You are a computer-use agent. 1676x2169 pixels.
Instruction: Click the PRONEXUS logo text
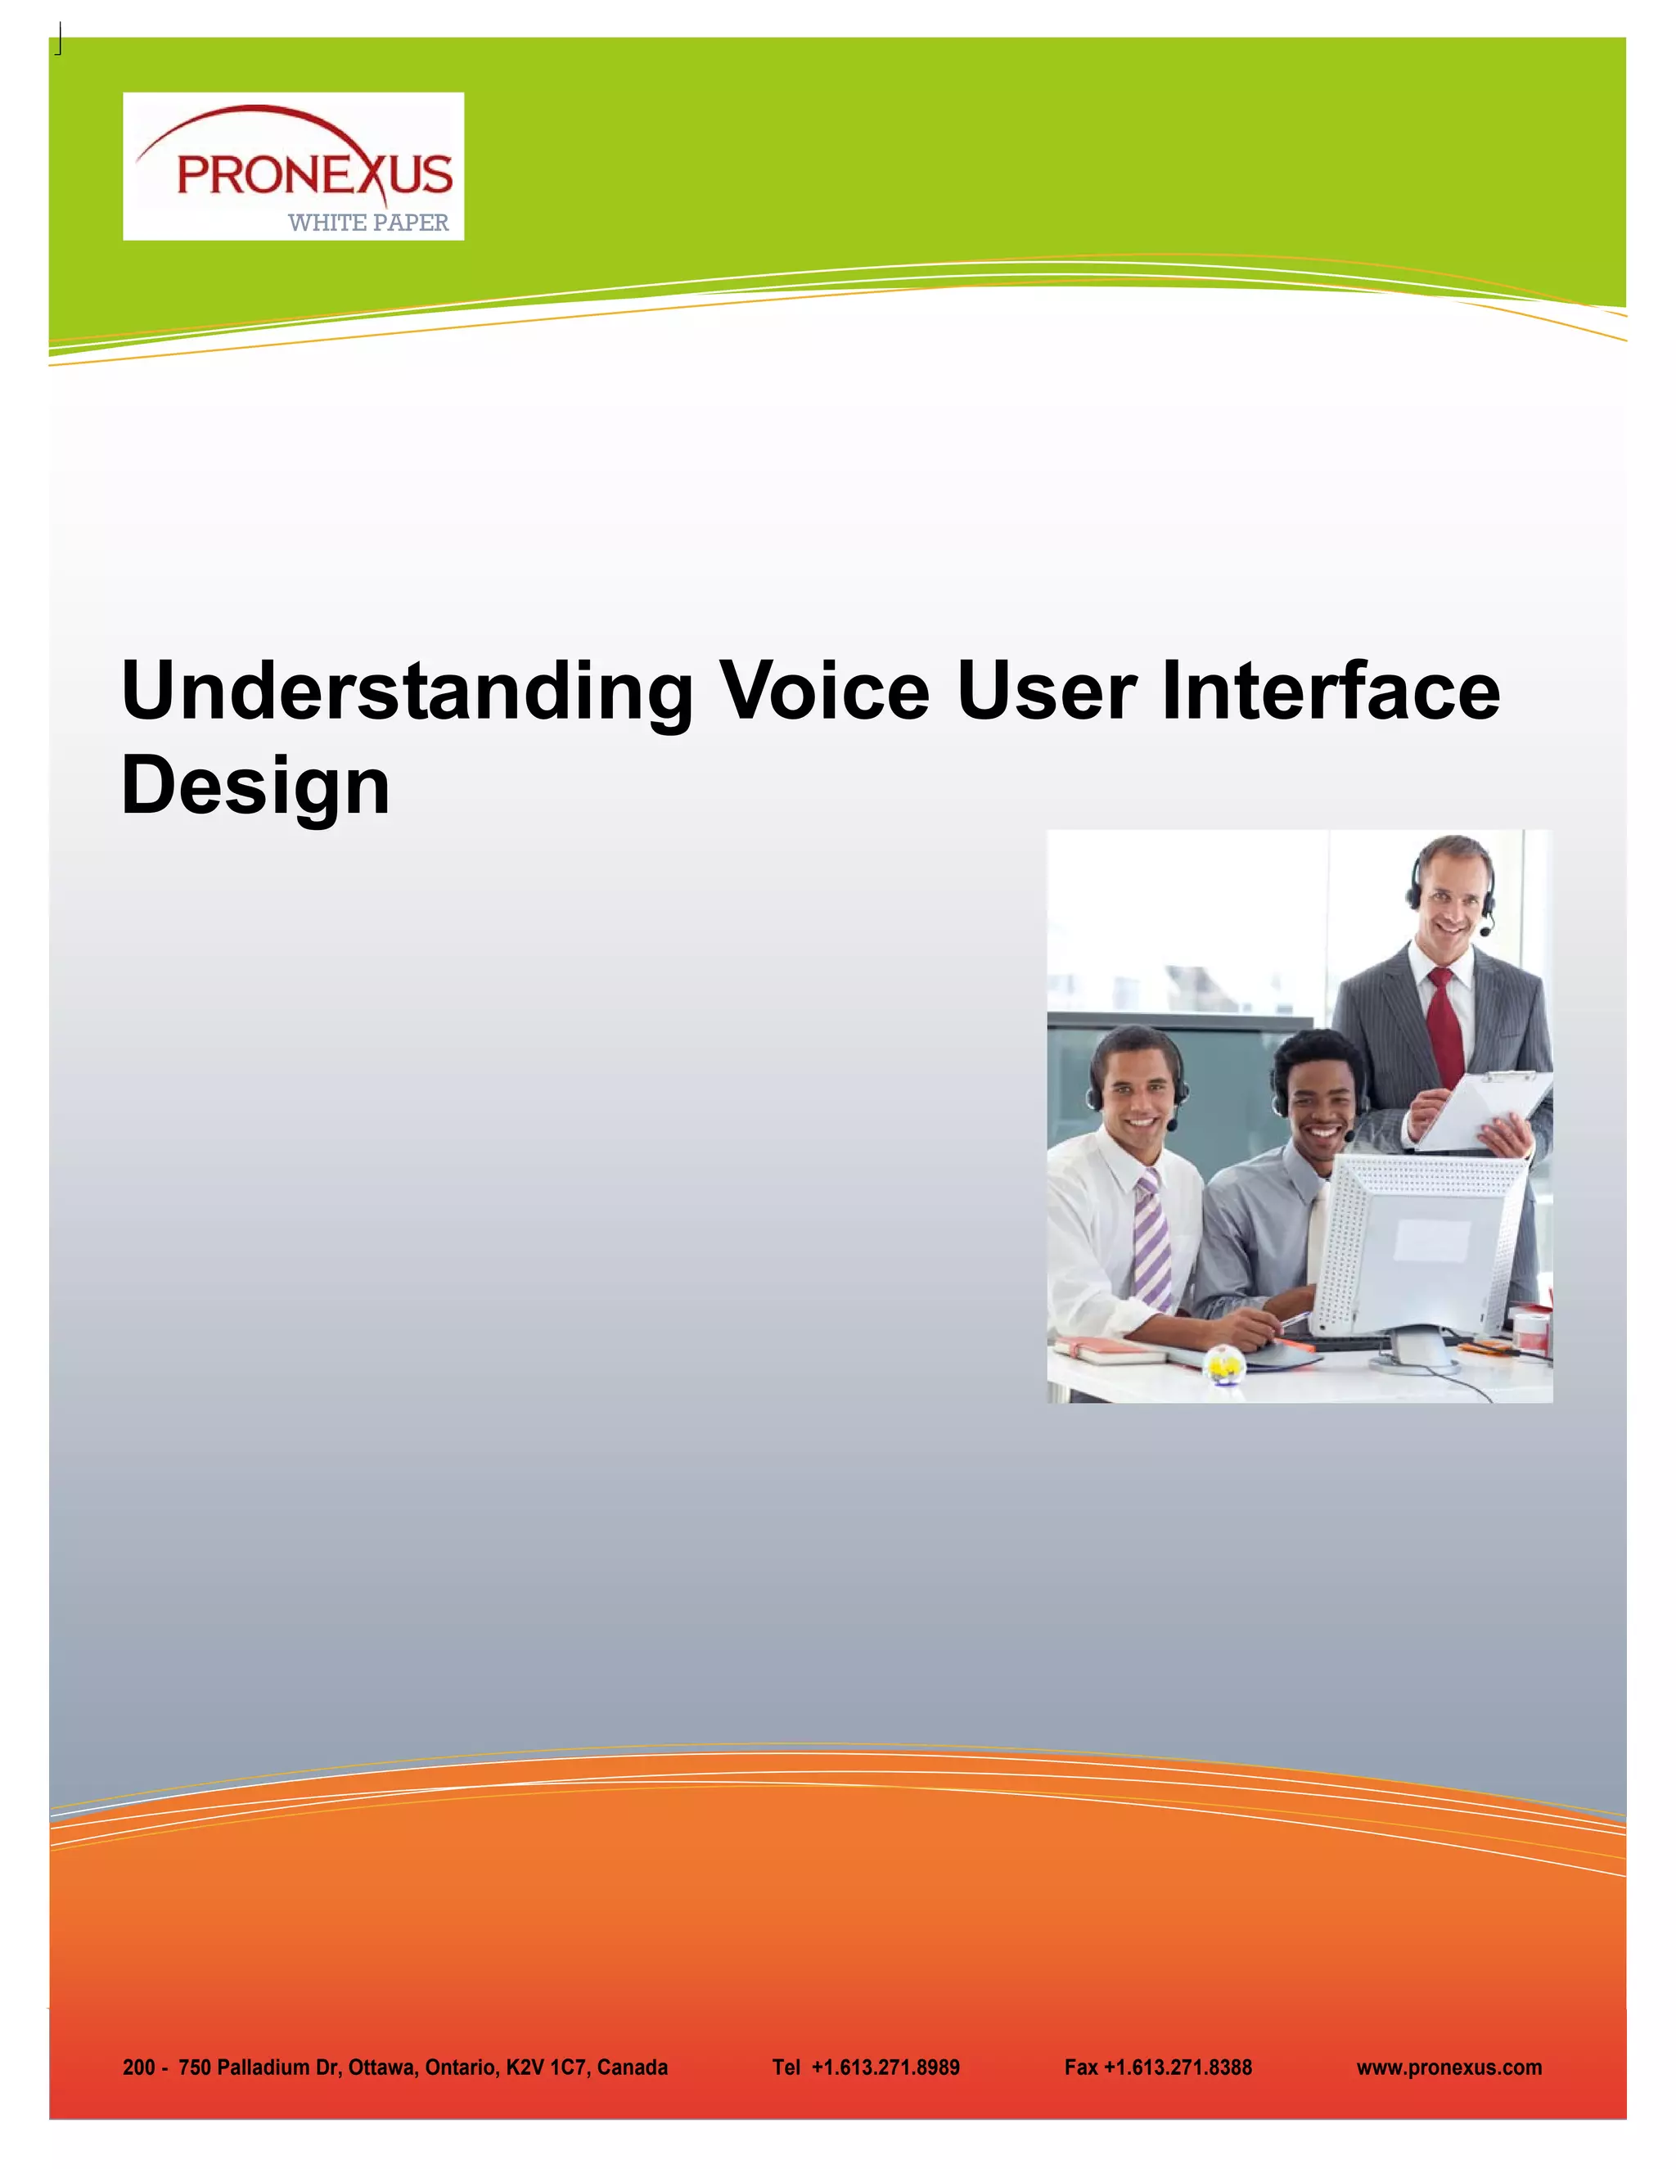pyautogui.click(x=313, y=176)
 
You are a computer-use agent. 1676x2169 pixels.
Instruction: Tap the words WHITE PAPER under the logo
pyautogui.click(x=368, y=223)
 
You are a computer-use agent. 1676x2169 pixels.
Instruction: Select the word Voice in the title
pyautogui.click(x=823, y=692)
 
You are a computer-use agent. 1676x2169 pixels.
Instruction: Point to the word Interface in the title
pyautogui.click(x=1331, y=692)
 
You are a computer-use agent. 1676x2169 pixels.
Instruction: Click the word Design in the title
pyautogui.click(x=255, y=786)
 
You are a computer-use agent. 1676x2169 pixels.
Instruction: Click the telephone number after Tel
pyautogui.click(x=885, y=2068)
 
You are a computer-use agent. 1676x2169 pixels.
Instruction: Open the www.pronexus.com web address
pyautogui.click(x=1448, y=2068)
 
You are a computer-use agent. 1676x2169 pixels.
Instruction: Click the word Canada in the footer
pyautogui.click(x=633, y=2068)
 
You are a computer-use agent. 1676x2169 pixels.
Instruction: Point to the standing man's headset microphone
pyautogui.click(x=1485, y=931)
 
